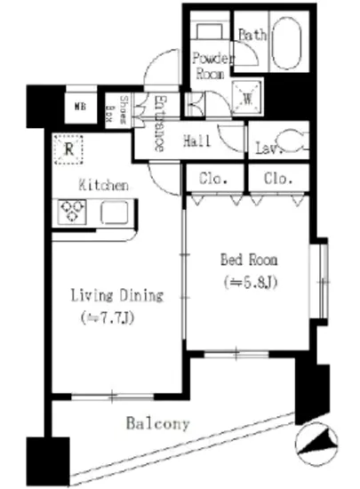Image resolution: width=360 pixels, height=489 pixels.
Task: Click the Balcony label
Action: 156,424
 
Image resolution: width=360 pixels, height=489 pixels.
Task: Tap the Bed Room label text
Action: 248,261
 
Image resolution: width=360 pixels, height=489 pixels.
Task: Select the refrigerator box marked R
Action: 68,148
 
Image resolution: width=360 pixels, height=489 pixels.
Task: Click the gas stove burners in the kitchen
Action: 71,212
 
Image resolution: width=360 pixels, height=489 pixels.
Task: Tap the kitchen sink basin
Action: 114,212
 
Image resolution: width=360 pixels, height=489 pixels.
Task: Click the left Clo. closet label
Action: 213,178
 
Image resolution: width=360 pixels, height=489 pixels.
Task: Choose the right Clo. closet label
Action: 277,178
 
